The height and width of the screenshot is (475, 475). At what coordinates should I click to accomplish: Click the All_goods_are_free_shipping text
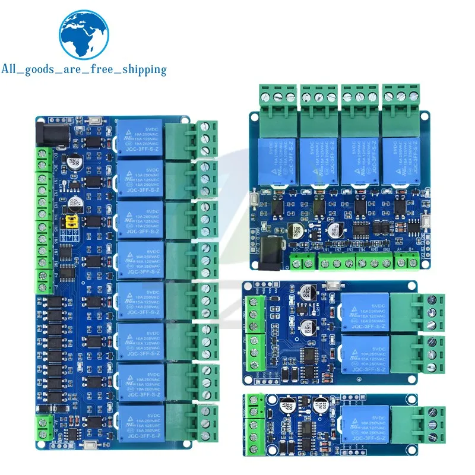point(84,69)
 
